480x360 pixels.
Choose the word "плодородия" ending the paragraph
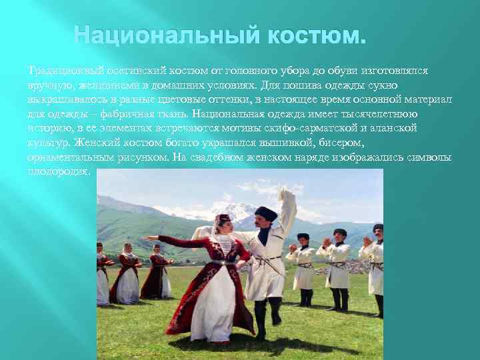click(57, 171)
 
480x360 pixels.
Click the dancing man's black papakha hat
click(266, 213)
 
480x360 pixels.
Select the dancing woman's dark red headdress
click(223, 218)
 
